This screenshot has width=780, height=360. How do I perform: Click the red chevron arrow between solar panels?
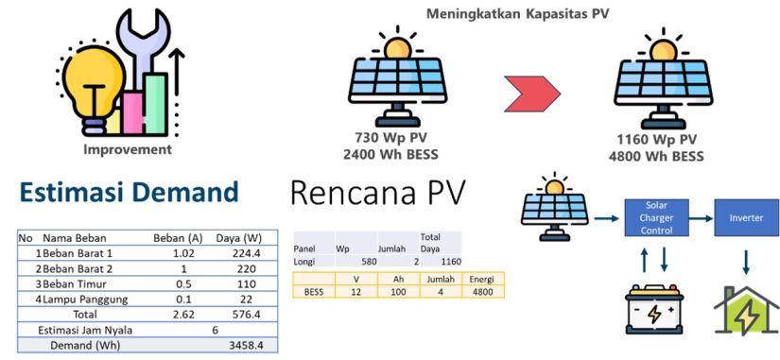tap(533, 91)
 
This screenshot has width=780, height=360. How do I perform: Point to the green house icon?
tap(746, 311)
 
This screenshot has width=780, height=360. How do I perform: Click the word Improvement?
tap(128, 149)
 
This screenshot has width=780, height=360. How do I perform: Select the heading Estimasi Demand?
tap(128, 193)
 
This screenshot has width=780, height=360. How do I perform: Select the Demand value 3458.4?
tap(245, 347)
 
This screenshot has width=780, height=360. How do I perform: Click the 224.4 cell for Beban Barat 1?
tap(246, 253)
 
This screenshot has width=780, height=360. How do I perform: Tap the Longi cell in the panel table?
tap(306, 263)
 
